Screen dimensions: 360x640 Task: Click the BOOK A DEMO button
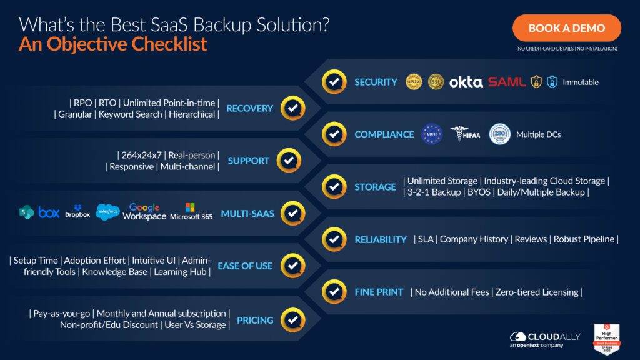pos(566,28)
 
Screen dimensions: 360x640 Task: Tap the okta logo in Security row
pos(466,82)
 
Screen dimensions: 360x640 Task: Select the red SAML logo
pos(507,82)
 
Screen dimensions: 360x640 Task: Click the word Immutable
pos(580,82)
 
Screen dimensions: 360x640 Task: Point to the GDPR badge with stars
pos(432,134)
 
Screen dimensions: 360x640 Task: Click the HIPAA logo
pos(465,134)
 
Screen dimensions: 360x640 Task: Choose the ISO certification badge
pos(499,134)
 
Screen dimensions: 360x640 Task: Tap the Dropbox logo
pos(77,212)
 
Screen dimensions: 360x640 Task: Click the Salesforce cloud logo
pos(108,212)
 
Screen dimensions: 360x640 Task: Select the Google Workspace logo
pos(144,212)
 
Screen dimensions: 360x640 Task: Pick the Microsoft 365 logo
pos(191,212)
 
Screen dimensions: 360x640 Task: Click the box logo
pos(49,212)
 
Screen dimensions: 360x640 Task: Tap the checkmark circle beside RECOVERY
pos(292,108)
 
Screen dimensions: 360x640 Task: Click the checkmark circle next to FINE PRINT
pos(334,291)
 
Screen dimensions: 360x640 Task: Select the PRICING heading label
pos(255,320)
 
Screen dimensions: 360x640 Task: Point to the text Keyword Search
pos(130,114)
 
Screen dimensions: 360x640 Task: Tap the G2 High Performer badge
pos(604,339)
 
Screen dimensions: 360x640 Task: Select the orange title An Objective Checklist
pos(113,45)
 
